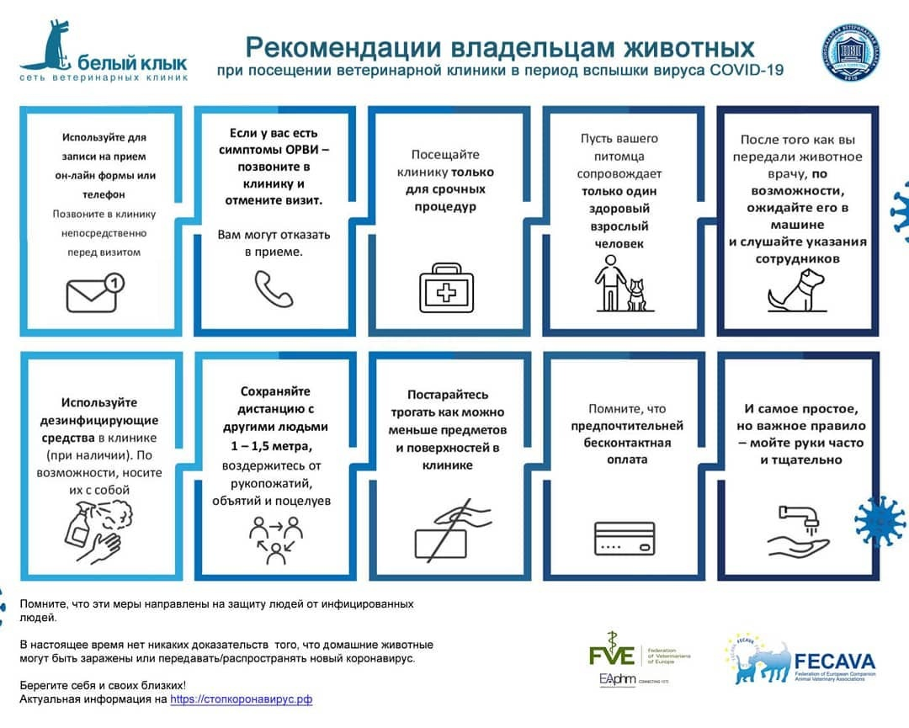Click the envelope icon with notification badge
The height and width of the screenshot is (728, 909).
(95, 292)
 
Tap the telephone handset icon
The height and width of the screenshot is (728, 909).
(274, 289)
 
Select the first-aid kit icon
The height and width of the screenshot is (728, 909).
(447, 287)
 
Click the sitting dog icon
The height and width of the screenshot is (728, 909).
(792, 289)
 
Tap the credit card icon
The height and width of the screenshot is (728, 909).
(624, 538)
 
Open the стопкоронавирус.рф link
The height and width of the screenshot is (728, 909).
(241, 699)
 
